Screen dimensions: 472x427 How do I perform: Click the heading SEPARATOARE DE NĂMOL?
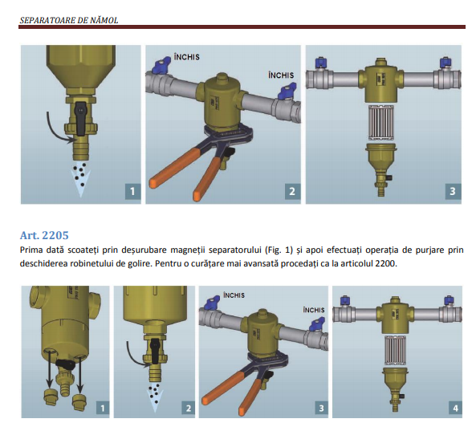point(69,20)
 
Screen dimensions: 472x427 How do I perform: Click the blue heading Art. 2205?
point(44,235)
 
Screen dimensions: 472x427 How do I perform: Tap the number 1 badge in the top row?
point(132,191)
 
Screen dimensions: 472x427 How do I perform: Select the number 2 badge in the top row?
point(292,191)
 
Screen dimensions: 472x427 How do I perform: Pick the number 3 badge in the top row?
point(453,191)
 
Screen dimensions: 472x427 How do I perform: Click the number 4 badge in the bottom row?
point(455,409)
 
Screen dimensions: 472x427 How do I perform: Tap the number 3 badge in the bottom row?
point(321,409)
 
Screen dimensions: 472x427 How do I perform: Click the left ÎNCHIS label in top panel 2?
point(186,57)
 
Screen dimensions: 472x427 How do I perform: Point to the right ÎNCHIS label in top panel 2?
point(281,75)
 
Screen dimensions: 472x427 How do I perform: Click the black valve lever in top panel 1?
point(80,119)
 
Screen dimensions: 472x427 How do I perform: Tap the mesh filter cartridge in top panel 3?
point(381,123)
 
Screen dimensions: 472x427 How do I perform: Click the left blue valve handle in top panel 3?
point(322,63)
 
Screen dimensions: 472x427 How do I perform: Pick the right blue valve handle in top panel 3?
point(446,63)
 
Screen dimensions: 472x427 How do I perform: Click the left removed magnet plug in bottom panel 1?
point(50,397)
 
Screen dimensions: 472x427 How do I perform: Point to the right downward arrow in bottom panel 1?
point(79,373)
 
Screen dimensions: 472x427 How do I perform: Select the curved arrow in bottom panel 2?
point(135,356)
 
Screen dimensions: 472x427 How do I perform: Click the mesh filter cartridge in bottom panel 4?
point(395,352)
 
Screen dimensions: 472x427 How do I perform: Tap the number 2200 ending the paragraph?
point(386,264)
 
